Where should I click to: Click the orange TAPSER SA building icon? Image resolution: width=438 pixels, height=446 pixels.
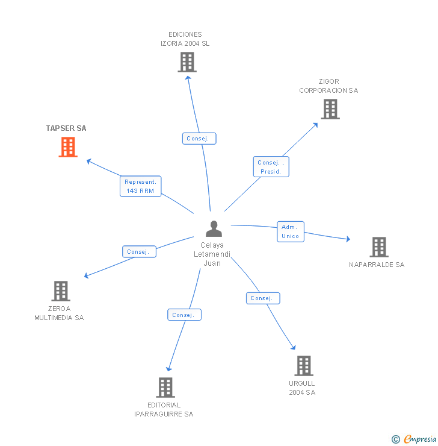tap(68, 147)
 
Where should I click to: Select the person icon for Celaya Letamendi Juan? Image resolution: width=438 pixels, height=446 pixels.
tap(214, 229)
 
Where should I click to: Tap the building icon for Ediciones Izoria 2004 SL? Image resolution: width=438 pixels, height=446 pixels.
tap(187, 62)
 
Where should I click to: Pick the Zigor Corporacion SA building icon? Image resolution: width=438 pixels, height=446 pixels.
tap(330, 109)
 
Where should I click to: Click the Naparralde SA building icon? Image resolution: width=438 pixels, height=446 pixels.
tap(378, 247)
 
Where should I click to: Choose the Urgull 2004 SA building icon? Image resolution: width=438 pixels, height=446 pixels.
tap(304, 365)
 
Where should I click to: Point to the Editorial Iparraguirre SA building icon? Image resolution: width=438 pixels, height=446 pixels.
tap(165, 387)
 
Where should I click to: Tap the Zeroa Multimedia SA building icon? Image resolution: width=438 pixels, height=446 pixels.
tap(61, 291)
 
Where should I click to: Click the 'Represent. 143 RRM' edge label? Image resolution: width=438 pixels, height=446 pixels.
tap(140, 186)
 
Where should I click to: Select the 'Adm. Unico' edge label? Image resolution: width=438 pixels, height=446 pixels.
tap(290, 231)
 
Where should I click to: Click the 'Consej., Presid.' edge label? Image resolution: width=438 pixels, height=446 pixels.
tap(271, 167)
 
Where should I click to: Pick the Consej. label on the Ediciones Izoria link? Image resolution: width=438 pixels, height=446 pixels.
tap(199, 139)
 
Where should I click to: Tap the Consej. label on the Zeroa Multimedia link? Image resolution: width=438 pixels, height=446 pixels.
tap(139, 252)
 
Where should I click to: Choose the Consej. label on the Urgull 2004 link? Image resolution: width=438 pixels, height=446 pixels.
tap(263, 298)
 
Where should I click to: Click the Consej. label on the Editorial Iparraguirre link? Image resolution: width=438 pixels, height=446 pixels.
tap(184, 315)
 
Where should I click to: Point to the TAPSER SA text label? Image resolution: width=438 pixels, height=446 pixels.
tap(66, 128)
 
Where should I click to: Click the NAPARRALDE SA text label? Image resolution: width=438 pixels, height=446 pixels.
tap(377, 265)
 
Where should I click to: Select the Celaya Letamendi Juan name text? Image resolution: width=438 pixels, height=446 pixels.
tap(212, 254)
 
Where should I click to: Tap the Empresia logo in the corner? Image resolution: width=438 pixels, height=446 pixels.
tap(415, 439)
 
